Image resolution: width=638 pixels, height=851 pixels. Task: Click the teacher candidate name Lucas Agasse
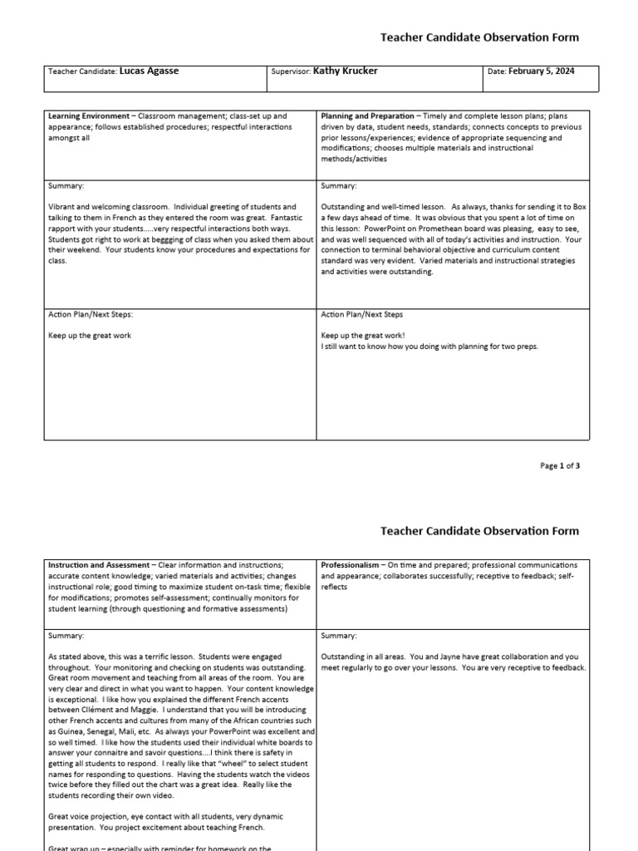149,71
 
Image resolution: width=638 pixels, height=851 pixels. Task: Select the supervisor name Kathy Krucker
345,71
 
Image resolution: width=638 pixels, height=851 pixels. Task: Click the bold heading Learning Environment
89,116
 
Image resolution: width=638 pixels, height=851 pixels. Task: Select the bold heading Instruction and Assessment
99,565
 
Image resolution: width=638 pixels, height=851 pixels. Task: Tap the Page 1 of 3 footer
560,465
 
